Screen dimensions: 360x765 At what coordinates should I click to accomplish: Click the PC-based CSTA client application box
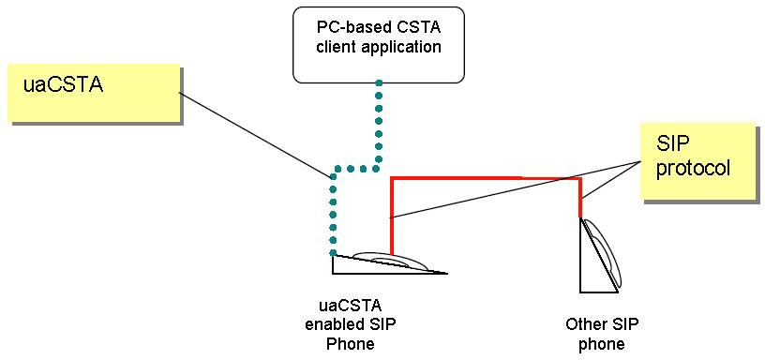click(378, 44)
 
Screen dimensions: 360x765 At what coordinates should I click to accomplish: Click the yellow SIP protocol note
click(698, 161)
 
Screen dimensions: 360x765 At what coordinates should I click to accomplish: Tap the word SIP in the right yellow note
click(672, 146)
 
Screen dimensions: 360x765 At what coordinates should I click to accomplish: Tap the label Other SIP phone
click(595, 334)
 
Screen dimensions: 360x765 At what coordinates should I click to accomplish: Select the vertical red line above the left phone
click(391, 216)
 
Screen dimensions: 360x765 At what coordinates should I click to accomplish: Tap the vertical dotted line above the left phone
click(332, 216)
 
